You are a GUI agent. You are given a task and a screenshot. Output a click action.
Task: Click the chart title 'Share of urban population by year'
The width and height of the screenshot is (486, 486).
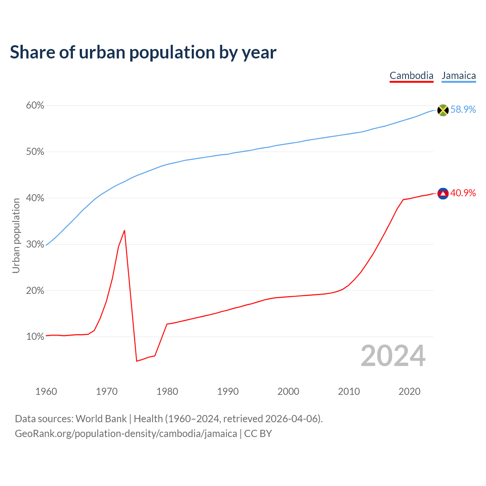point(143,52)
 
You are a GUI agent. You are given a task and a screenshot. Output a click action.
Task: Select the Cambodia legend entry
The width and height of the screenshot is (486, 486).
point(411,76)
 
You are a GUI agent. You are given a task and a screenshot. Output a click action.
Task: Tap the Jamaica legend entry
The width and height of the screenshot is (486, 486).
point(459,76)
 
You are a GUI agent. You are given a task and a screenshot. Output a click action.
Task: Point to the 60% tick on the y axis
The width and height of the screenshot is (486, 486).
point(35,106)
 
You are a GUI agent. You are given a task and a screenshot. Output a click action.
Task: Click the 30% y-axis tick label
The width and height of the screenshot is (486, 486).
point(35,245)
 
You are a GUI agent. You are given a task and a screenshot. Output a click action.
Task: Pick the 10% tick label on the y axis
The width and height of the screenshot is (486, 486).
point(35,337)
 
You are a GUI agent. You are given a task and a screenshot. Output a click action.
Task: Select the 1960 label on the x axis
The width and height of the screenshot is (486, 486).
point(46,391)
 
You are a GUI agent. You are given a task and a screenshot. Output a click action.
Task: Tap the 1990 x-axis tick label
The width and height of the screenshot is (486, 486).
point(228,391)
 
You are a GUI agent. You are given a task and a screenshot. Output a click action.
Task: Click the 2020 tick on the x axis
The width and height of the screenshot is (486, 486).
point(409,391)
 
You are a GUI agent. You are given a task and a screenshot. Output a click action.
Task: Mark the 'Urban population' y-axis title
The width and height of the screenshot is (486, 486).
point(16,235)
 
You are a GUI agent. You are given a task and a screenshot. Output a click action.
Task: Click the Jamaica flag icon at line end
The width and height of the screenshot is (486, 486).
point(443,110)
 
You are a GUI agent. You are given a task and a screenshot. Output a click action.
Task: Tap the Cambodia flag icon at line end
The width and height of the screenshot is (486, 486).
point(443,194)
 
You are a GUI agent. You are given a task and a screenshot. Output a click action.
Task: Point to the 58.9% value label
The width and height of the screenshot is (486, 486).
point(463,109)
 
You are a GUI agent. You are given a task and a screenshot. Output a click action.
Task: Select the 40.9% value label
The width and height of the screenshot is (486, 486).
point(463,193)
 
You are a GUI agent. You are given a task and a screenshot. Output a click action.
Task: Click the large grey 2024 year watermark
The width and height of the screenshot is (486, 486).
point(393,356)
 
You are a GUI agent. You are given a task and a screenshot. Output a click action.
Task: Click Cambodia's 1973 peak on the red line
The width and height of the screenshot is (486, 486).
point(125,230)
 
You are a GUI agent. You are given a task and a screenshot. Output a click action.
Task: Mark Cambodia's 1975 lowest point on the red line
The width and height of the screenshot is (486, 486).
point(137,361)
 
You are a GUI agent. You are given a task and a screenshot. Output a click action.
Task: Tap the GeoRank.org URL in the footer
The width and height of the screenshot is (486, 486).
point(126,434)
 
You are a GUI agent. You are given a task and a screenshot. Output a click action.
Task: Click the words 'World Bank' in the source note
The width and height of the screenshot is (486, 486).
point(101,419)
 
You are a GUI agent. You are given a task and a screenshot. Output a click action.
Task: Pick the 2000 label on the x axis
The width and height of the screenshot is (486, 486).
point(288,391)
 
